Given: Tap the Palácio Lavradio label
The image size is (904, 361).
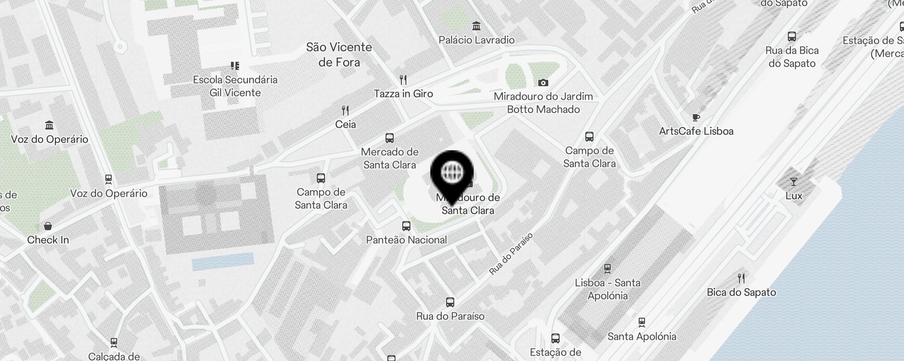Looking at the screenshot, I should point(476,40).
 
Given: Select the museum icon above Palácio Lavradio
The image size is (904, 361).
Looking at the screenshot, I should point(476,26).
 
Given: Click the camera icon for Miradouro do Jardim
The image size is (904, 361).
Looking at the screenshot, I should point(543,83).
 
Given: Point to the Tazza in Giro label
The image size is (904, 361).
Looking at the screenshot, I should point(403,94).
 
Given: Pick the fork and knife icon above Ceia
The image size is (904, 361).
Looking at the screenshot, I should point(345,110).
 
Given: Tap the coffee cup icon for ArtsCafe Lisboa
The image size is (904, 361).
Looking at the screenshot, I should point(696,118).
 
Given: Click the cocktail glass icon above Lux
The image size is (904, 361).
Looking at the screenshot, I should point(794,182).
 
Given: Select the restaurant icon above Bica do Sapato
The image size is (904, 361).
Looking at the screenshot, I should point(741,278).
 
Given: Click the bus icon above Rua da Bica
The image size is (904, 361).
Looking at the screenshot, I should point(792,37).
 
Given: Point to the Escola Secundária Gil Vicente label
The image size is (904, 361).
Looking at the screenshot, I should point(235,86).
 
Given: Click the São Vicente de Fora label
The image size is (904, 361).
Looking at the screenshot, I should point(339,54).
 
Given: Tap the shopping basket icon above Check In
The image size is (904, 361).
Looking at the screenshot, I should point(48,226).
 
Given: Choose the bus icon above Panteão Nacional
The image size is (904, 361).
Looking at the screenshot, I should point(406,226).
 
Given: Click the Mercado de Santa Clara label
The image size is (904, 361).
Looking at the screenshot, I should point(390,158).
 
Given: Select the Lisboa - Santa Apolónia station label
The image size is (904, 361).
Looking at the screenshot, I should point(607,289).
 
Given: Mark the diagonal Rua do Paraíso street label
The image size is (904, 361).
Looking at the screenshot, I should point(511,254).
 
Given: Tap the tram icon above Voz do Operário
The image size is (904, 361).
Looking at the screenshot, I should point(108,180).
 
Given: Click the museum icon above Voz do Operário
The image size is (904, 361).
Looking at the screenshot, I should point(49,125).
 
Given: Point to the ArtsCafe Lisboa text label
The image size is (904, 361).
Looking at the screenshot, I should point(696,131).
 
